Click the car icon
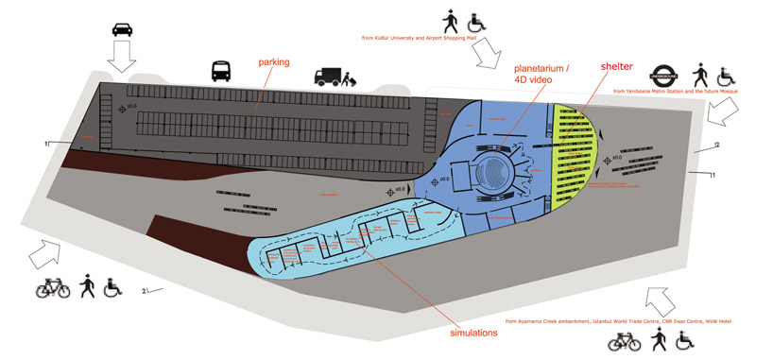[x=123, y=27]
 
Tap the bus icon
[x=221, y=71]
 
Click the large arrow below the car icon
[x=123, y=59]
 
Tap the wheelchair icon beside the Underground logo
[x=726, y=76]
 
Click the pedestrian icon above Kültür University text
[x=450, y=19]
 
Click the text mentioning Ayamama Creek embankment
[x=618, y=321]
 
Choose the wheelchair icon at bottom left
[x=112, y=285]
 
